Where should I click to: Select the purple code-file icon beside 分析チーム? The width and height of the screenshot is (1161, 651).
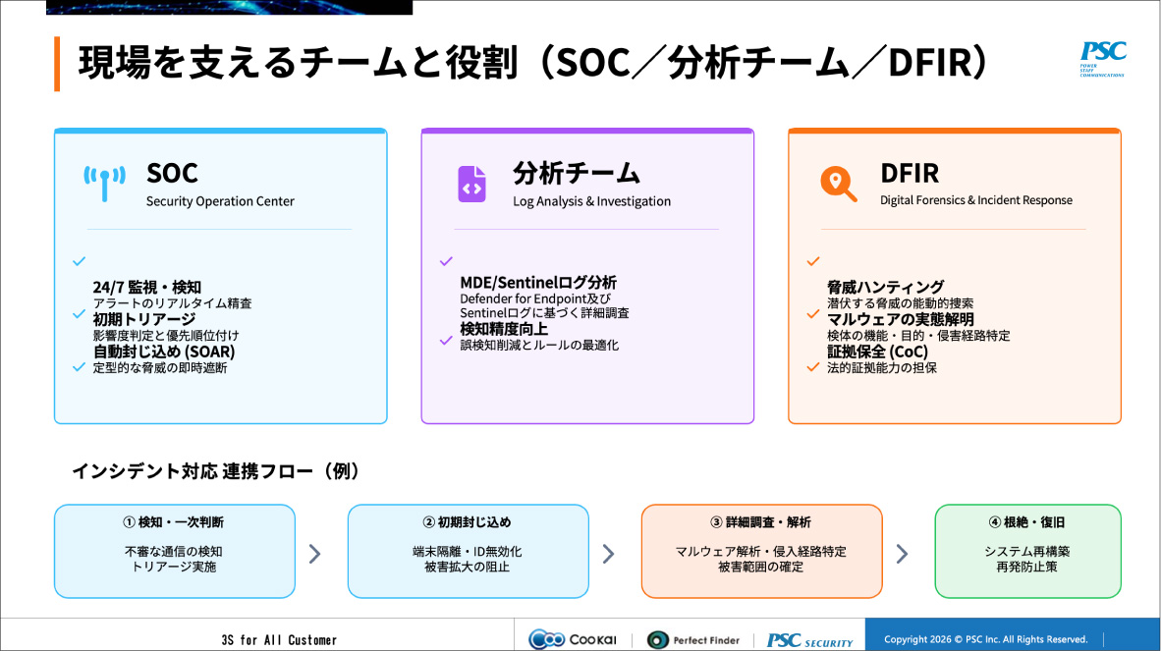click(x=471, y=184)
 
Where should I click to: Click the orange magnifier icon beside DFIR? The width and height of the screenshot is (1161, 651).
click(x=838, y=183)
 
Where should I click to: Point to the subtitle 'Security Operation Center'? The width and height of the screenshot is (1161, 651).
click(x=220, y=201)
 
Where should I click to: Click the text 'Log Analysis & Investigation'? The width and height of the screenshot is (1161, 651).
click(x=591, y=201)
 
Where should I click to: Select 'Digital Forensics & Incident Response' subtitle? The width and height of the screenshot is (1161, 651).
click(x=975, y=200)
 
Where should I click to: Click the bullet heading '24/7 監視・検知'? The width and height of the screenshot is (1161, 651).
click(x=146, y=288)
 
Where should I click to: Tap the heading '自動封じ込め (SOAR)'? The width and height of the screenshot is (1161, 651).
click(x=164, y=352)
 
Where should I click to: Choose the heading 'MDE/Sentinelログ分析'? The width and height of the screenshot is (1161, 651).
click(x=538, y=283)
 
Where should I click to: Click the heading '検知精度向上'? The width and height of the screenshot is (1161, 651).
click(x=504, y=329)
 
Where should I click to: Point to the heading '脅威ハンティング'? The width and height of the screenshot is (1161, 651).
click(x=885, y=288)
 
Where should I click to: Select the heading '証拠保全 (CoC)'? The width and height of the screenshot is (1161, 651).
click(x=877, y=352)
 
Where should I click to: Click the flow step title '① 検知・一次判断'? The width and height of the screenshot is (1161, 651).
click(x=174, y=522)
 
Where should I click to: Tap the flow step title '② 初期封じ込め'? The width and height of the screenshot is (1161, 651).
click(x=468, y=522)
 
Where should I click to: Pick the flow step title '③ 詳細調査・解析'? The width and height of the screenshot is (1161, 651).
click(x=761, y=522)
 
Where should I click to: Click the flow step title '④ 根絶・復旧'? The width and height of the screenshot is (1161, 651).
click(x=1026, y=522)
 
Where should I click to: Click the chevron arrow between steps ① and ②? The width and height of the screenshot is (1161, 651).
click(x=315, y=554)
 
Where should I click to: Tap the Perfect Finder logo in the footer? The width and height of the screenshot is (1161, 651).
click(x=693, y=640)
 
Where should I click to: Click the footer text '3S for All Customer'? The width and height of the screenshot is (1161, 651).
click(x=279, y=640)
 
